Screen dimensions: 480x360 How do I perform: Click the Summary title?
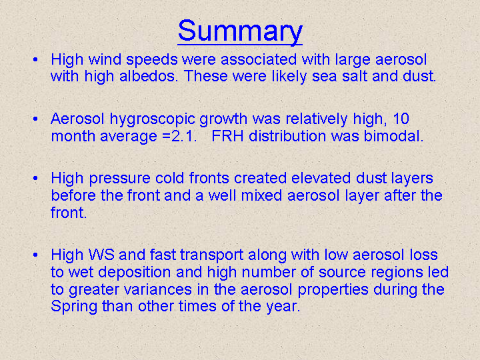pos(240,31)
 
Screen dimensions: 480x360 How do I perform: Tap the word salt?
pos(354,76)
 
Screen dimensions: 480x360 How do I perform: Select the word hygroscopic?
pos(153,120)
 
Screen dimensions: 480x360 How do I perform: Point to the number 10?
pos(401,119)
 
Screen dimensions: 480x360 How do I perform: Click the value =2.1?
pos(180,136)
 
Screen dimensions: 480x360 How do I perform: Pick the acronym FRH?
pos(228,136)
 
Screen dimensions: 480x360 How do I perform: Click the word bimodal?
pos(394,136)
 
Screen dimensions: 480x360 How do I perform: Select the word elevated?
pos(321,178)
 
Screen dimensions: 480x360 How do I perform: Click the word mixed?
pos(261,195)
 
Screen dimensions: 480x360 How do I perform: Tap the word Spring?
pos(74,307)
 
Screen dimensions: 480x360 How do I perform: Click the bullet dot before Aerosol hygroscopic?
pos(35,119)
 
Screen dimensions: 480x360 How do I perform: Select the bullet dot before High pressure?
pos(35,178)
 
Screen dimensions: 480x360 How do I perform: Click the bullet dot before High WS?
pos(35,255)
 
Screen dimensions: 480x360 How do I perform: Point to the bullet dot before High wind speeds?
pos(35,59)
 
